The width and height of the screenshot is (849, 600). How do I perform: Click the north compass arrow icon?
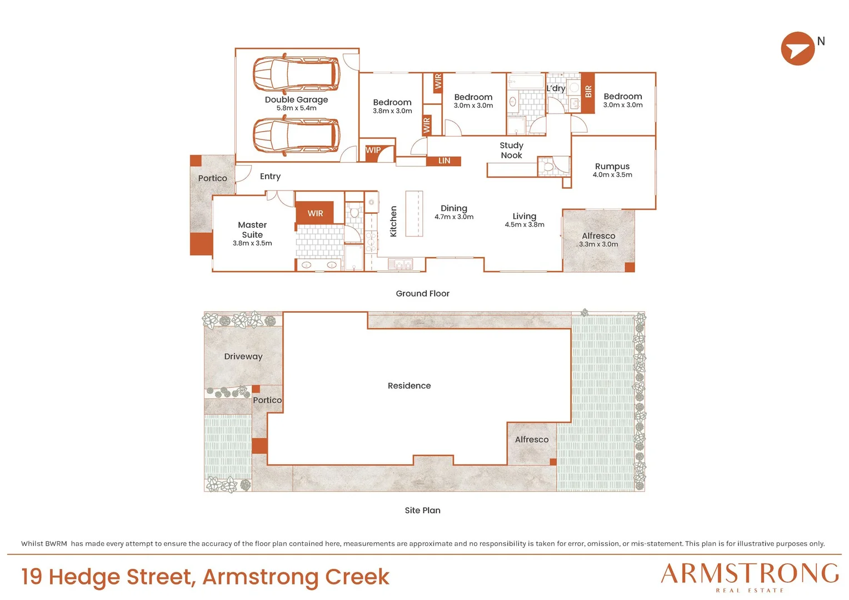click(x=797, y=48)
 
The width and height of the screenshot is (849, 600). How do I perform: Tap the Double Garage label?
click(x=296, y=99)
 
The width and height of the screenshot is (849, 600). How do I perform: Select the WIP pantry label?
click(x=373, y=150)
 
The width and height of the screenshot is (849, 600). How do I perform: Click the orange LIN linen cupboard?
click(x=443, y=161)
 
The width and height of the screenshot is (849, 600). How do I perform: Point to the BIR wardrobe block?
click(x=587, y=93)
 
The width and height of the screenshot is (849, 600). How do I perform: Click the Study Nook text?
click(x=511, y=150)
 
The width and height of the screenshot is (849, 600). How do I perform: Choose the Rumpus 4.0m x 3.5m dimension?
click(x=612, y=175)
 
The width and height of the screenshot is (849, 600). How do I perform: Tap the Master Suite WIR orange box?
click(x=314, y=213)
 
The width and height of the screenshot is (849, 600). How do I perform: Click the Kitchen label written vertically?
click(x=393, y=221)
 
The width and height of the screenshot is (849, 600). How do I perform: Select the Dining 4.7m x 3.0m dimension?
click(x=454, y=217)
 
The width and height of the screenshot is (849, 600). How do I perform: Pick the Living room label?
click(x=524, y=216)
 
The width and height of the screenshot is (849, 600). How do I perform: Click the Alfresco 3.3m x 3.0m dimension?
click(x=598, y=244)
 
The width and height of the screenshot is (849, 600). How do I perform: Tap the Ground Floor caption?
click(x=423, y=293)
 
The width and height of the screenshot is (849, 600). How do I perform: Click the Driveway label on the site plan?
click(x=243, y=356)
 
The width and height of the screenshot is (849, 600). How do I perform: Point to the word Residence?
click(x=409, y=386)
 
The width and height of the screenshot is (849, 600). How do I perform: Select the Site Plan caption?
click(x=423, y=510)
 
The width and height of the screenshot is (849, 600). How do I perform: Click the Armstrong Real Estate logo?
click(x=750, y=577)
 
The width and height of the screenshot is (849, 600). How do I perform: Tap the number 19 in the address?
click(x=32, y=577)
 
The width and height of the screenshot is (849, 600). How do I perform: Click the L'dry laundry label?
click(x=556, y=88)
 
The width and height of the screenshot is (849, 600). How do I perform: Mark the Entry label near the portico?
click(x=270, y=176)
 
